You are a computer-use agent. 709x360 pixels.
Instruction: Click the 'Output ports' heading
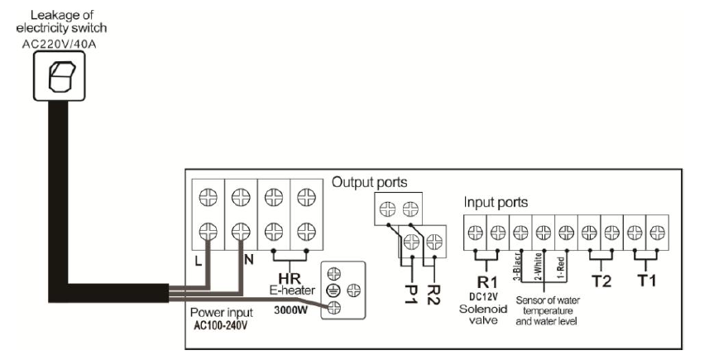pos(370,181)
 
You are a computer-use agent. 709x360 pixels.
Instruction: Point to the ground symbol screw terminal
pos(336,289)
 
